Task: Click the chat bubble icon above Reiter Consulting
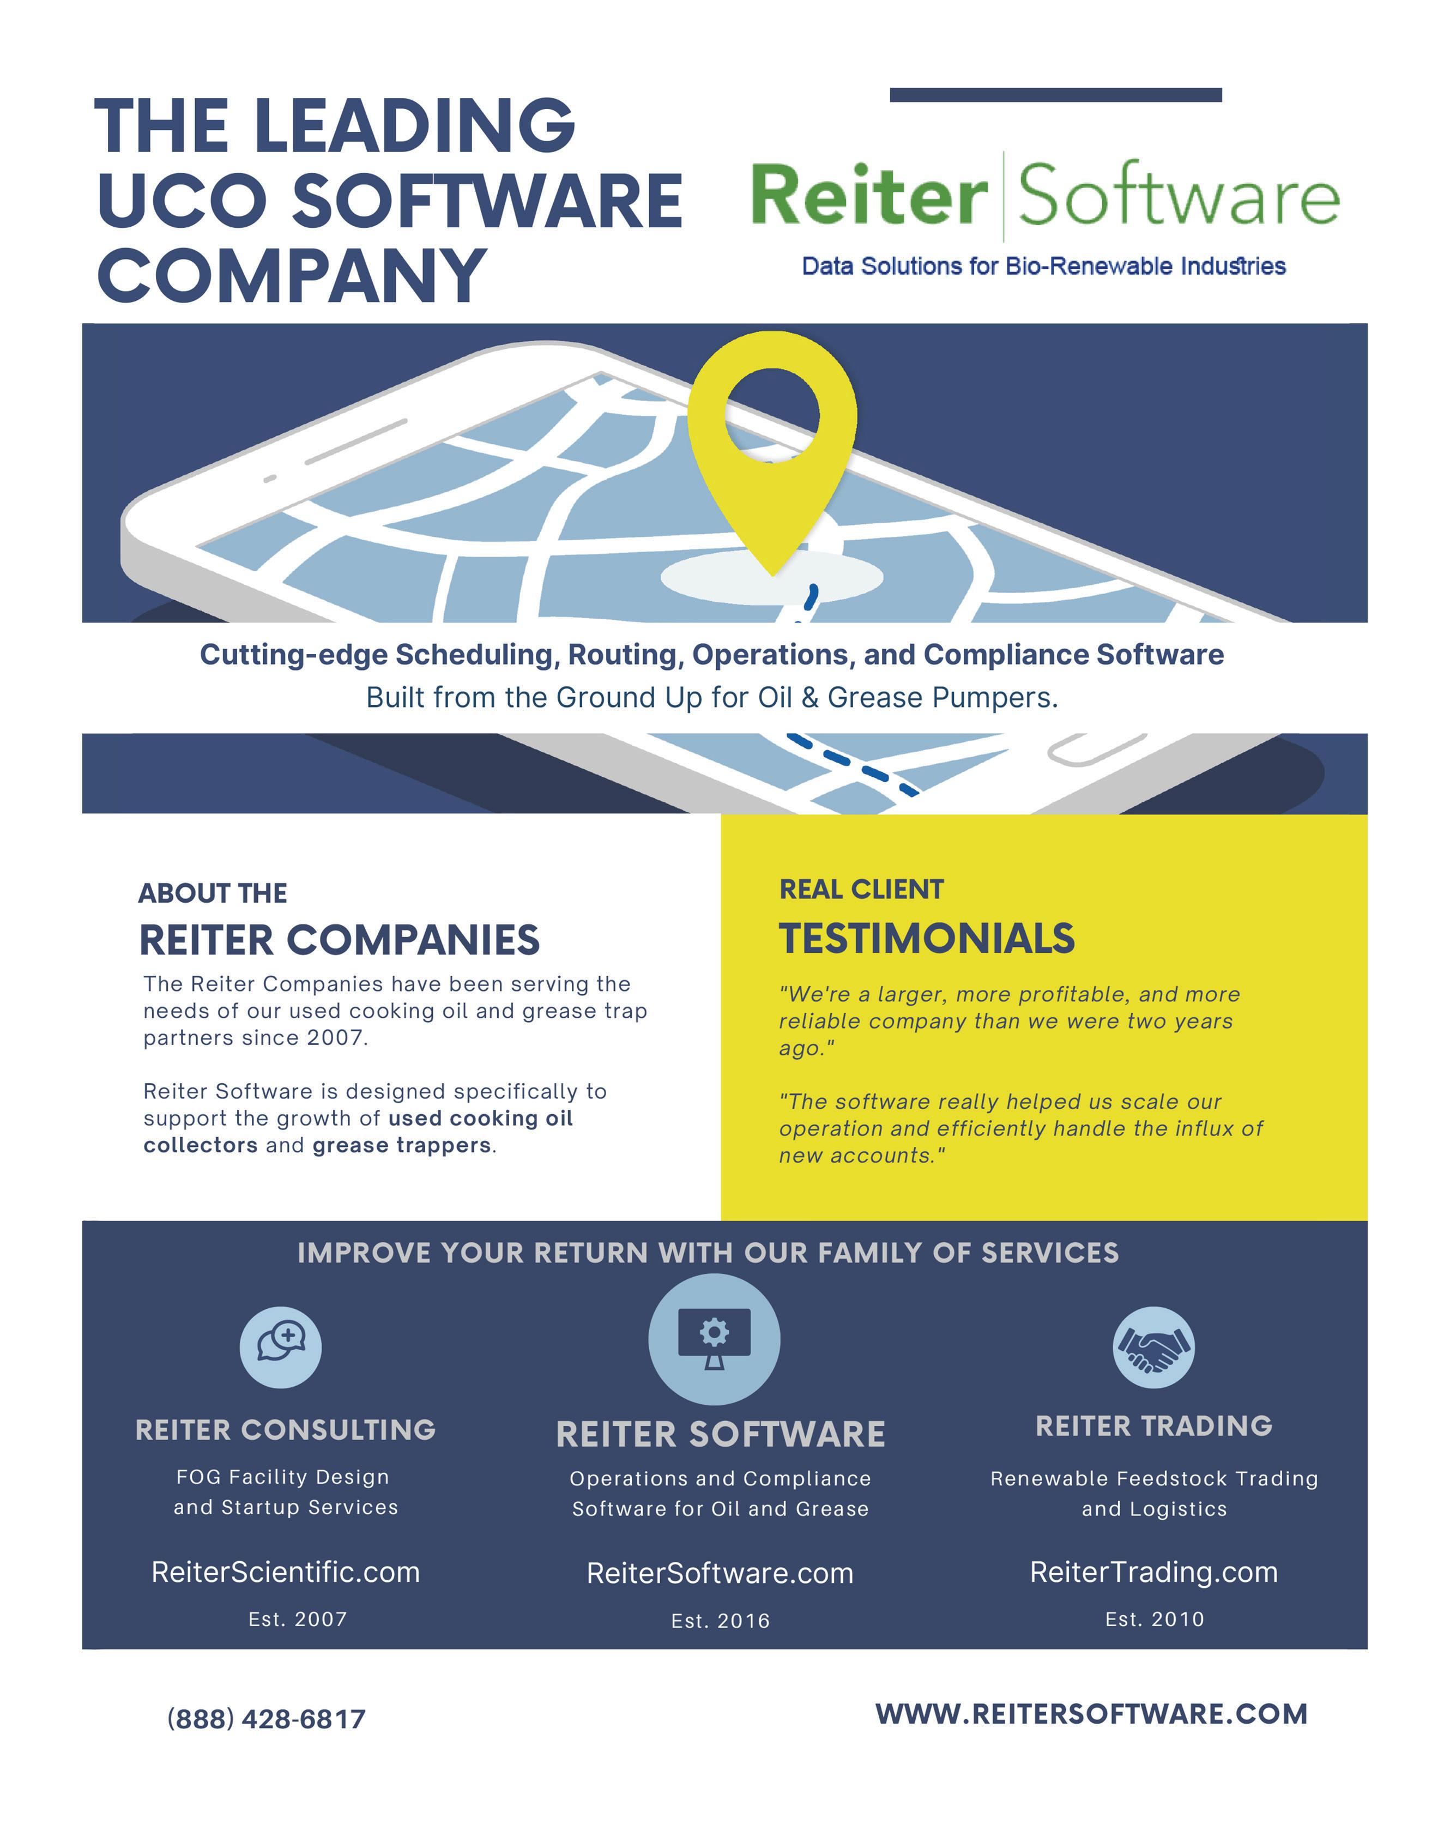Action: pyautogui.click(x=280, y=1347)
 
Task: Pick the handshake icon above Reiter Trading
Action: pyautogui.click(x=1153, y=1347)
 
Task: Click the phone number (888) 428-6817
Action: pyautogui.click(x=267, y=1719)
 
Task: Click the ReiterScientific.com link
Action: pyautogui.click(x=285, y=1572)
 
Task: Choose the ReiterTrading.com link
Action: pyautogui.click(x=1153, y=1572)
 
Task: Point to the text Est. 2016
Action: pyautogui.click(x=720, y=1621)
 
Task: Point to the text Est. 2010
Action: pyautogui.click(x=1153, y=1619)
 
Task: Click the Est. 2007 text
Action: pyautogui.click(x=297, y=1619)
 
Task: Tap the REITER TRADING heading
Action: pyautogui.click(x=1153, y=1425)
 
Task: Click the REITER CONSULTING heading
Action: pyautogui.click(x=285, y=1430)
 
